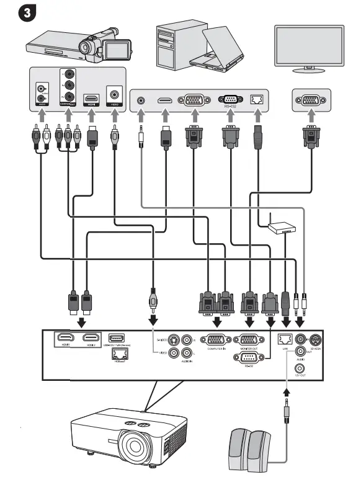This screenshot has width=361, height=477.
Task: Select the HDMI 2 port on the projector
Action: (92, 338)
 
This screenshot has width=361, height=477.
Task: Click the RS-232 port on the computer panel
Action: (231, 100)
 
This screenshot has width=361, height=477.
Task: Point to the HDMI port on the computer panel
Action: (164, 100)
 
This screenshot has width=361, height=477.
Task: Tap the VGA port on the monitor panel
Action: (310, 100)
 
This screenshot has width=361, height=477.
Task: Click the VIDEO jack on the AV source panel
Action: (114, 95)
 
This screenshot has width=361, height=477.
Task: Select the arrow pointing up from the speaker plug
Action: (286, 392)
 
